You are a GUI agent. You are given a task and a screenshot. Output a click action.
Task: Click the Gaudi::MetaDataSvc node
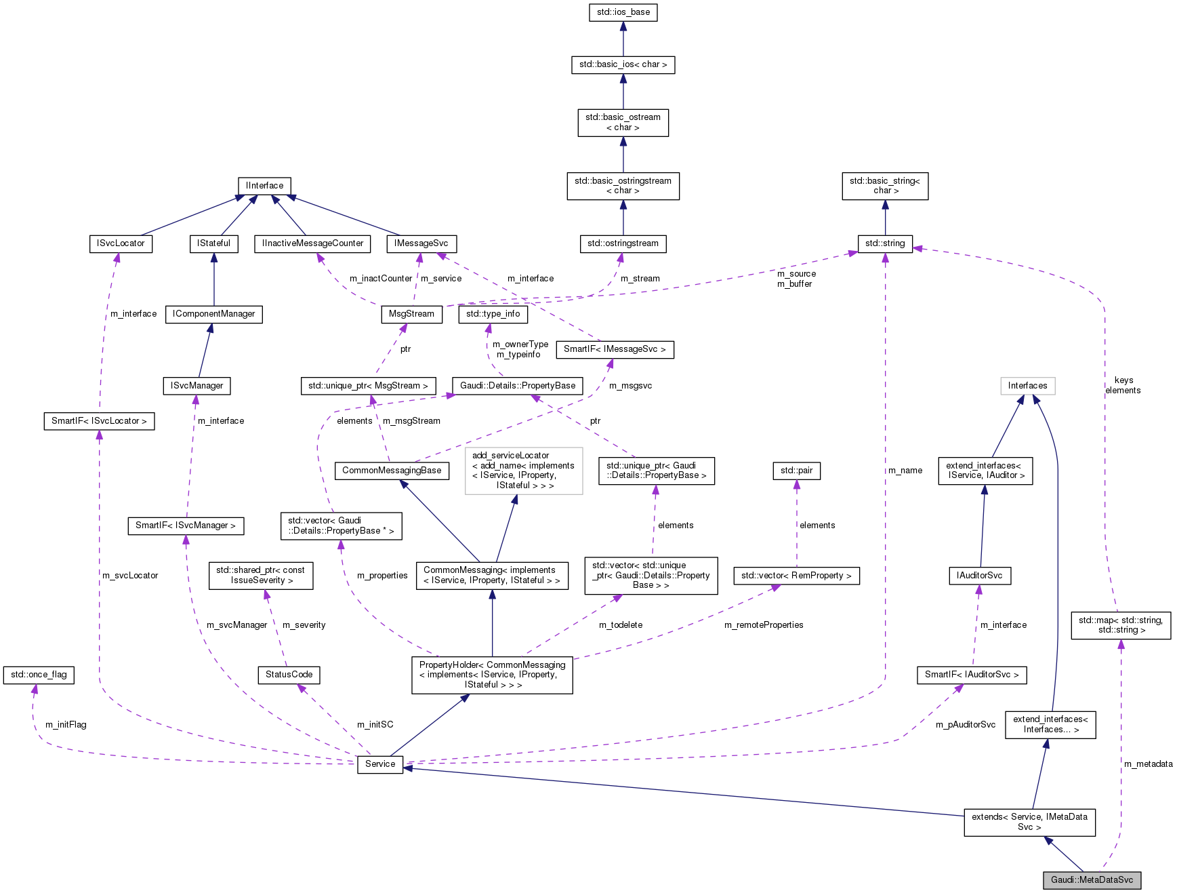pyautogui.click(x=1092, y=880)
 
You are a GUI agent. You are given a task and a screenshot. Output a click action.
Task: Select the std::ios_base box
pyautogui.click(x=623, y=12)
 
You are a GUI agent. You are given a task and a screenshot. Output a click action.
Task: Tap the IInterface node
pyautogui.click(x=264, y=186)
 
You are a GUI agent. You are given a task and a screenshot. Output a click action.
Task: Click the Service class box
pyautogui.click(x=380, y=764)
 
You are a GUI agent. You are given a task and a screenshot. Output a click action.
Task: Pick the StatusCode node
pyautogui.click(x=289, y=675)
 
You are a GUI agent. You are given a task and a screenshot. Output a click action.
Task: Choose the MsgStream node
pyautogui.click(x=411, y=314)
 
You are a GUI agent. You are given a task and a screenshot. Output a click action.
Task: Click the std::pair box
pyautogui.click(x=796, y=471)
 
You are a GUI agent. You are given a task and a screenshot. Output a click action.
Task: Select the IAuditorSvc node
pyautogui.click(x=979, y=576)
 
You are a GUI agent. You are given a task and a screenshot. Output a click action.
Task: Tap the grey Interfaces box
pyautogui.click(x=1027, y=386)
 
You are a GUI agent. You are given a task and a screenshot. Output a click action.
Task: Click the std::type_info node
pyautogui.click(x=493, y=314)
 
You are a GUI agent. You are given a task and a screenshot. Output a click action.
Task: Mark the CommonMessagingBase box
pyautogui.click(x=392, y=471)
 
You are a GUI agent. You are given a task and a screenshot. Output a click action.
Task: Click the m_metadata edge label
pyautogui.click(x=1148, y=764)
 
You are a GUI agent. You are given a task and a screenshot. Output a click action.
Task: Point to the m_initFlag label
pyautogui.click(x=66, y=725)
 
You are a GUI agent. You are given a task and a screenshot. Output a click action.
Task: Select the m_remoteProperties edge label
pyautogui.click(x=764, y=625)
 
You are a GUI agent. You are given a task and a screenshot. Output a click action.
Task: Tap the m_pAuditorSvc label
pyautogui.click(x=966, y=725)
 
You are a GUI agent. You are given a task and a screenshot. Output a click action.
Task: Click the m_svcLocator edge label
pyautogui.click(x=130, y=576)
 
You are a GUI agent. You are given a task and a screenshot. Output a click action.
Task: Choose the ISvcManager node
pyautogui.click(x=197, y=386)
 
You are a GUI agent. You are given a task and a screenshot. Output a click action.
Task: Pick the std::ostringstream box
pyautogui.click(x=623, y=243)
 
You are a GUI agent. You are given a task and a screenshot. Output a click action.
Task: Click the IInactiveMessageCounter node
pyautogui.click(x=312, y=243)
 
